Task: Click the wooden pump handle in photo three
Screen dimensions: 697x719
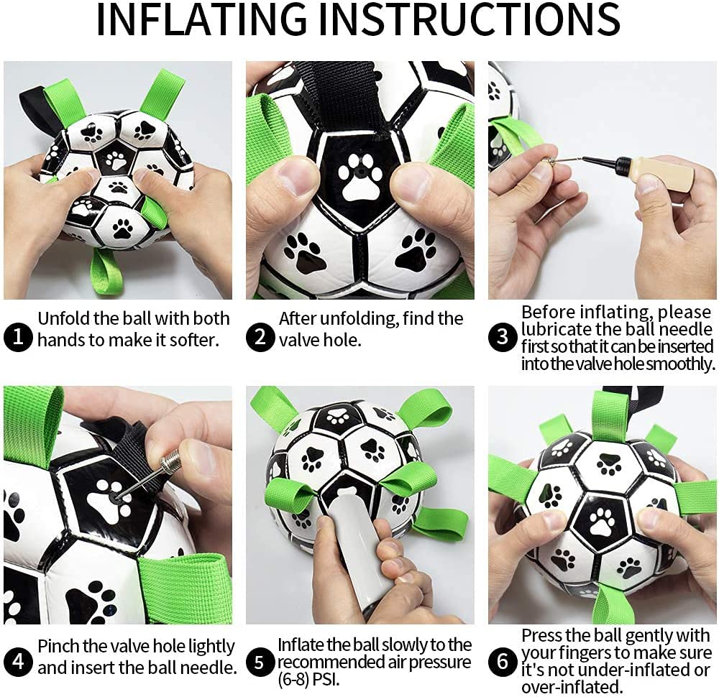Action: (x=664, y=175)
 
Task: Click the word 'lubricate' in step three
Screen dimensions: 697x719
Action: (x=557, y=331)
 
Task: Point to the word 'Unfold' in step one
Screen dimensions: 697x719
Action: (x=65, y=318)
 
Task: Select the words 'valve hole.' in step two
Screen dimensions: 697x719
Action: (x=320, y=340)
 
